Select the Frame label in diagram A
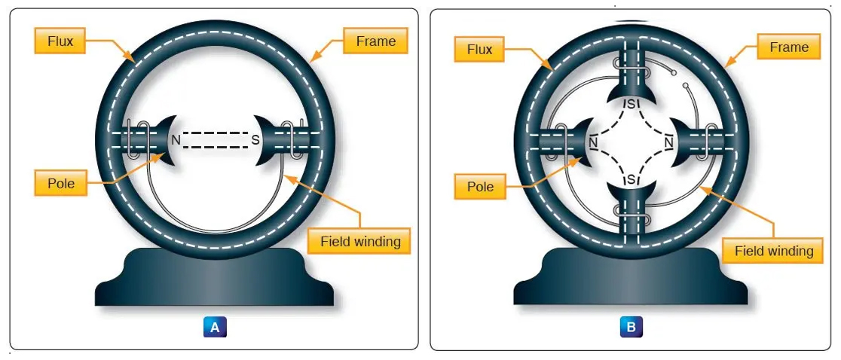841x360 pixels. pyautogui.click(x=375, y=41)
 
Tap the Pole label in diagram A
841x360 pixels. pyautogui.click(x=61, y=182)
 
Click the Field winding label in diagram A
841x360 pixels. pyautogui.click(x=359, y=242)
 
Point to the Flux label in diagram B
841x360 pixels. pyautogui.click(x=479, y=50)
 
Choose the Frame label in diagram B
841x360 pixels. pyautogui.click(x=788, y=47)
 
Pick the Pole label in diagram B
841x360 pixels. pyautogui.click(x=479, y=186)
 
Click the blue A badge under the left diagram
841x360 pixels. pyautogui.click(x=215, y=327)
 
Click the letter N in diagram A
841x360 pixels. pyautogui.click(x=175, y=139)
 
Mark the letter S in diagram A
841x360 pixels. pyautogui.click(x=256, y=139)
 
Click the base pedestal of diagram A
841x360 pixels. pyautogui.click(x=215, y=279)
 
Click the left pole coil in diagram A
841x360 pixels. pyautogui.click(x=133, y=139)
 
